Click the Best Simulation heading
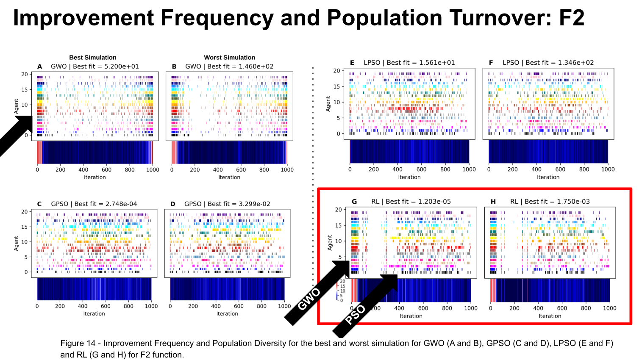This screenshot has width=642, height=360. tap(93, 58)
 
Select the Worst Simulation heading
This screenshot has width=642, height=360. tap(229, 58)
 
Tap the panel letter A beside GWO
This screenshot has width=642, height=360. tap(40, 66)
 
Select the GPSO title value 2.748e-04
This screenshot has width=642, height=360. tap(121, 204)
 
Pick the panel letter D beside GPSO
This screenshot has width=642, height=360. tap(173, 204)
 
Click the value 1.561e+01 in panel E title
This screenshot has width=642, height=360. tap(437, 63)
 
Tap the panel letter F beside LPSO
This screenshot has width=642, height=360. tap(491, 63)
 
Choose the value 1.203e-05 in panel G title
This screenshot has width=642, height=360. tap(434, 202)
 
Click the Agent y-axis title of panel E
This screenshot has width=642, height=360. tap(328, 103)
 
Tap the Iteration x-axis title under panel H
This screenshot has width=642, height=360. tap(550, 316)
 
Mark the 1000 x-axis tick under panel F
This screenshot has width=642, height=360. tap(608, 169)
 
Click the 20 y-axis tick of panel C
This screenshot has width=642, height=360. tap(25, 212)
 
